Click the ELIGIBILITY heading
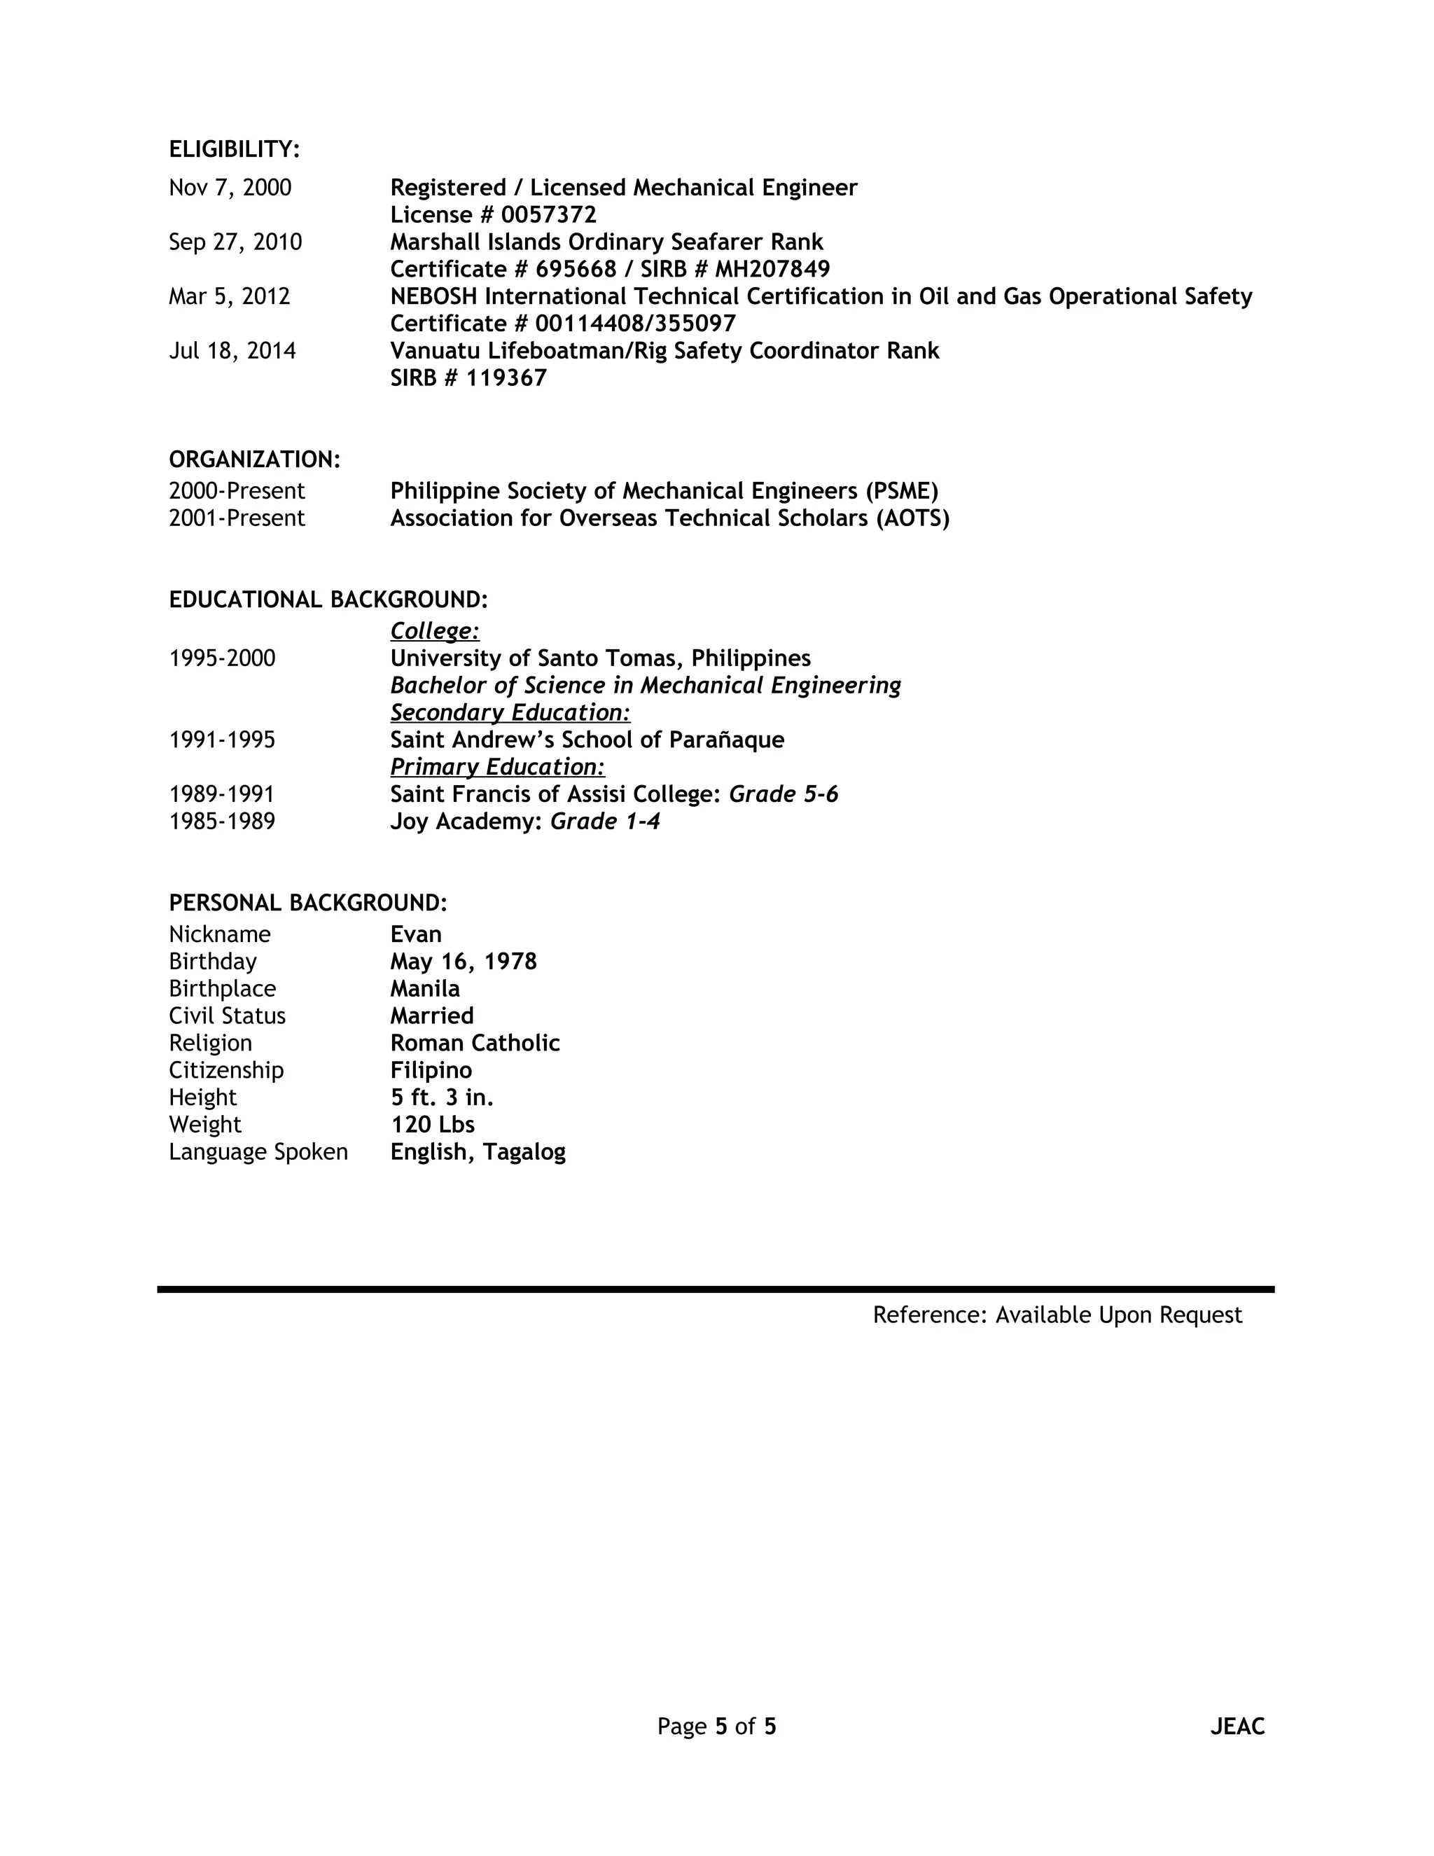[234, 150]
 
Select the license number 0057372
[548, 215]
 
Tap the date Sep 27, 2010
[235, 242]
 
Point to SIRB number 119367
[506, 378]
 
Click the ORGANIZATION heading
[254, 459]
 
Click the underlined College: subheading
[434, 632]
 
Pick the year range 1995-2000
[222, 658]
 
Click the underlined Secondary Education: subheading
[510, 713]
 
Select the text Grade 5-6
[784, 795]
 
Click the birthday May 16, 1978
[463, 962]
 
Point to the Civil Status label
[227, 1016]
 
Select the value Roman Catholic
[475, 1044]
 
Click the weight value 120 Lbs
[433, 1126]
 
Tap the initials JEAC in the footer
[1237, 1727]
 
